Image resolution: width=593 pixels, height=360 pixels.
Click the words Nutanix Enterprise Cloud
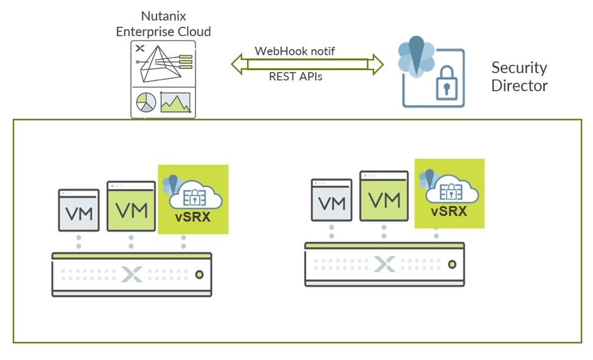click(163, 24)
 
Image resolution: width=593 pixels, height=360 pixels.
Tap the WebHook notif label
click(295, 51)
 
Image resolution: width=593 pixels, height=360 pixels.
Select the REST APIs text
click(296, 77)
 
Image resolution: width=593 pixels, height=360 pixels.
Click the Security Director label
click(519, 77)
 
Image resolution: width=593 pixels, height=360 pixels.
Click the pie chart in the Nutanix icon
click(146, 102)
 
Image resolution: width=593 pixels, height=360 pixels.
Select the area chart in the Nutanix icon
click(175, 103)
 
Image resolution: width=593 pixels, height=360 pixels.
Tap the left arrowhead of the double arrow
click(236, 63)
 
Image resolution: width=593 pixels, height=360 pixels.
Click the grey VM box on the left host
click(78, 210)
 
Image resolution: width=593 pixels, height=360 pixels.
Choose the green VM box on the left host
click(131, 206)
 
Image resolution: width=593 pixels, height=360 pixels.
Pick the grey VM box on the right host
click(331, 202)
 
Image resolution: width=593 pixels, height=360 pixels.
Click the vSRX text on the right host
click(449, 212)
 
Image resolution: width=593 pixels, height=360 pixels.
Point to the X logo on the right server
click(384, 265)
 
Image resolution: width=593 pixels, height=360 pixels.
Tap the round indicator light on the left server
click(198, 275)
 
